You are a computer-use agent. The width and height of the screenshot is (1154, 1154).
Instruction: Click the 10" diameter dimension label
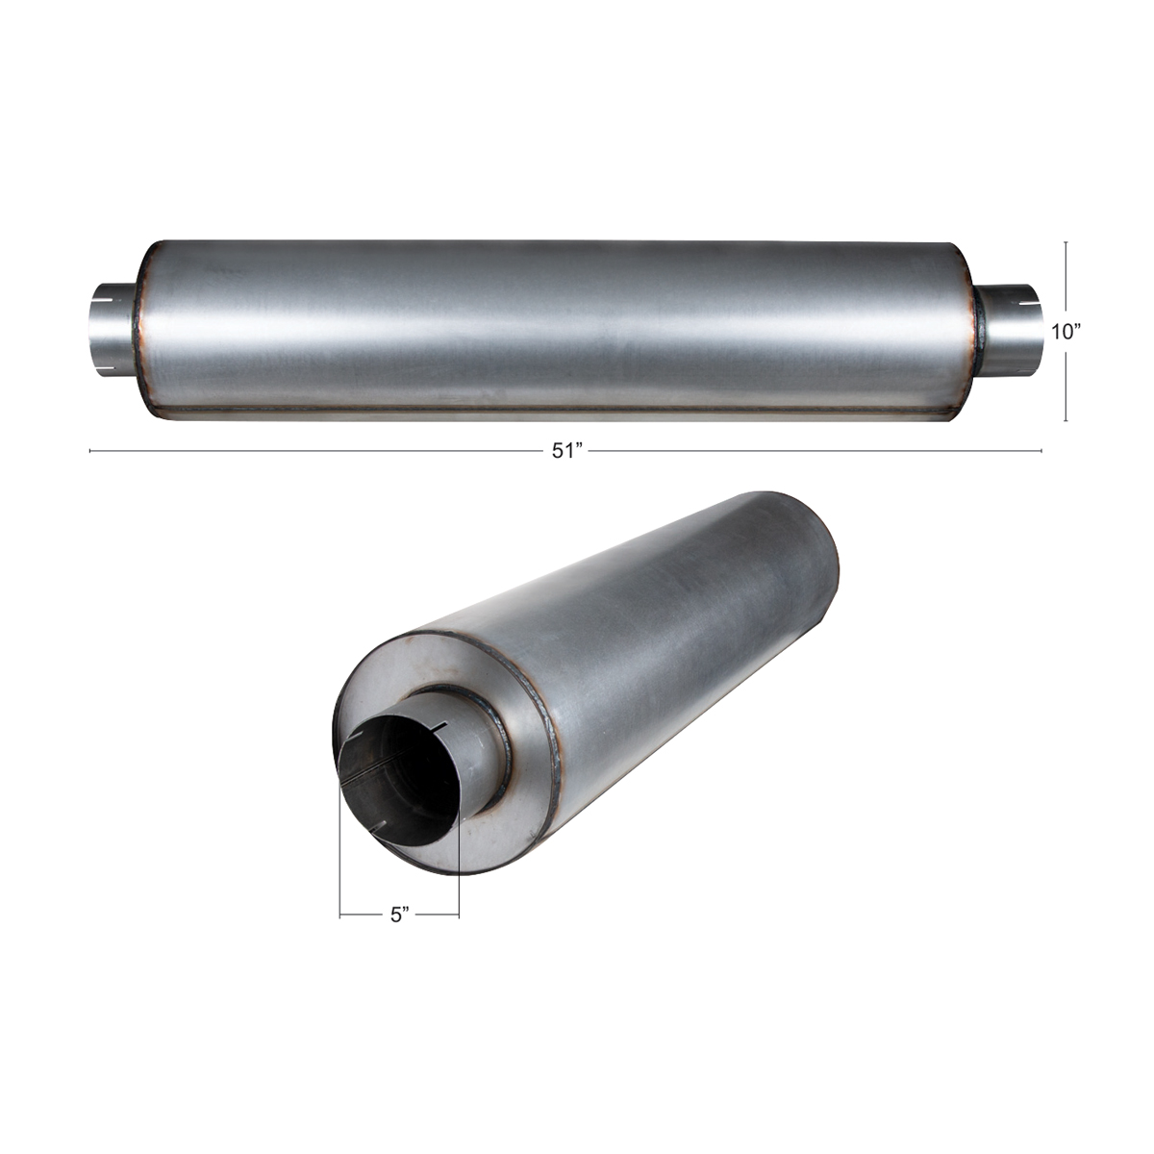click(1066, 332)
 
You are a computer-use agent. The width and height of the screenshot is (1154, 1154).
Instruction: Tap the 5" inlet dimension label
click(400, 915)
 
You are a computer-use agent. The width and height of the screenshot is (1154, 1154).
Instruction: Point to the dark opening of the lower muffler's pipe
click(404, 778)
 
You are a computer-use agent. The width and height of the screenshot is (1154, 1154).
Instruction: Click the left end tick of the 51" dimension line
click(89, 450)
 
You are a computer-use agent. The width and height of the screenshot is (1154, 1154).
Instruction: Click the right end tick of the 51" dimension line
click(1041, 450)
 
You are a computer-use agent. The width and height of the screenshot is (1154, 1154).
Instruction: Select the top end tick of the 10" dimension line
click(1066, 242)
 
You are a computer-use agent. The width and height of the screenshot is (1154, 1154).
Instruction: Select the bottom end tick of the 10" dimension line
click(1066, 420)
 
